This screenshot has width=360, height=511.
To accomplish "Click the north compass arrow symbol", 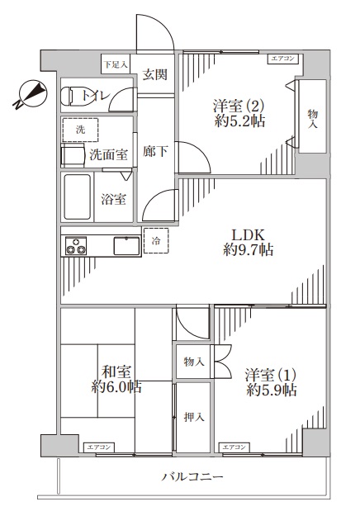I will tap(29, 95).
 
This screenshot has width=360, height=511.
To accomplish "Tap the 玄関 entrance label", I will tap(154, 74).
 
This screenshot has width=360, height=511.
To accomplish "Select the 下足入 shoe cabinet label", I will tap(115, 64).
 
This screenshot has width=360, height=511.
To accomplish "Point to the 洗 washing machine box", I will tap(81, 130).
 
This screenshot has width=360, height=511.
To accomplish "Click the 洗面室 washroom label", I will tap(108, 154).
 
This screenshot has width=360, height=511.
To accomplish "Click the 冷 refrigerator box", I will tap(156, 240).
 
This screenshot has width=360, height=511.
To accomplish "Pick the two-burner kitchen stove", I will tap(76, 246).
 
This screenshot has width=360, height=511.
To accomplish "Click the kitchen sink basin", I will tap(126, 245).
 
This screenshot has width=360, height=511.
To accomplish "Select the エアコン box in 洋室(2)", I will tap(283, 59).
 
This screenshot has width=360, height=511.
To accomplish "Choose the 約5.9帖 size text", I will tap(271, 390).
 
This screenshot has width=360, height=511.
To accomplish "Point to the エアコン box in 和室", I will tap(99, 447).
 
